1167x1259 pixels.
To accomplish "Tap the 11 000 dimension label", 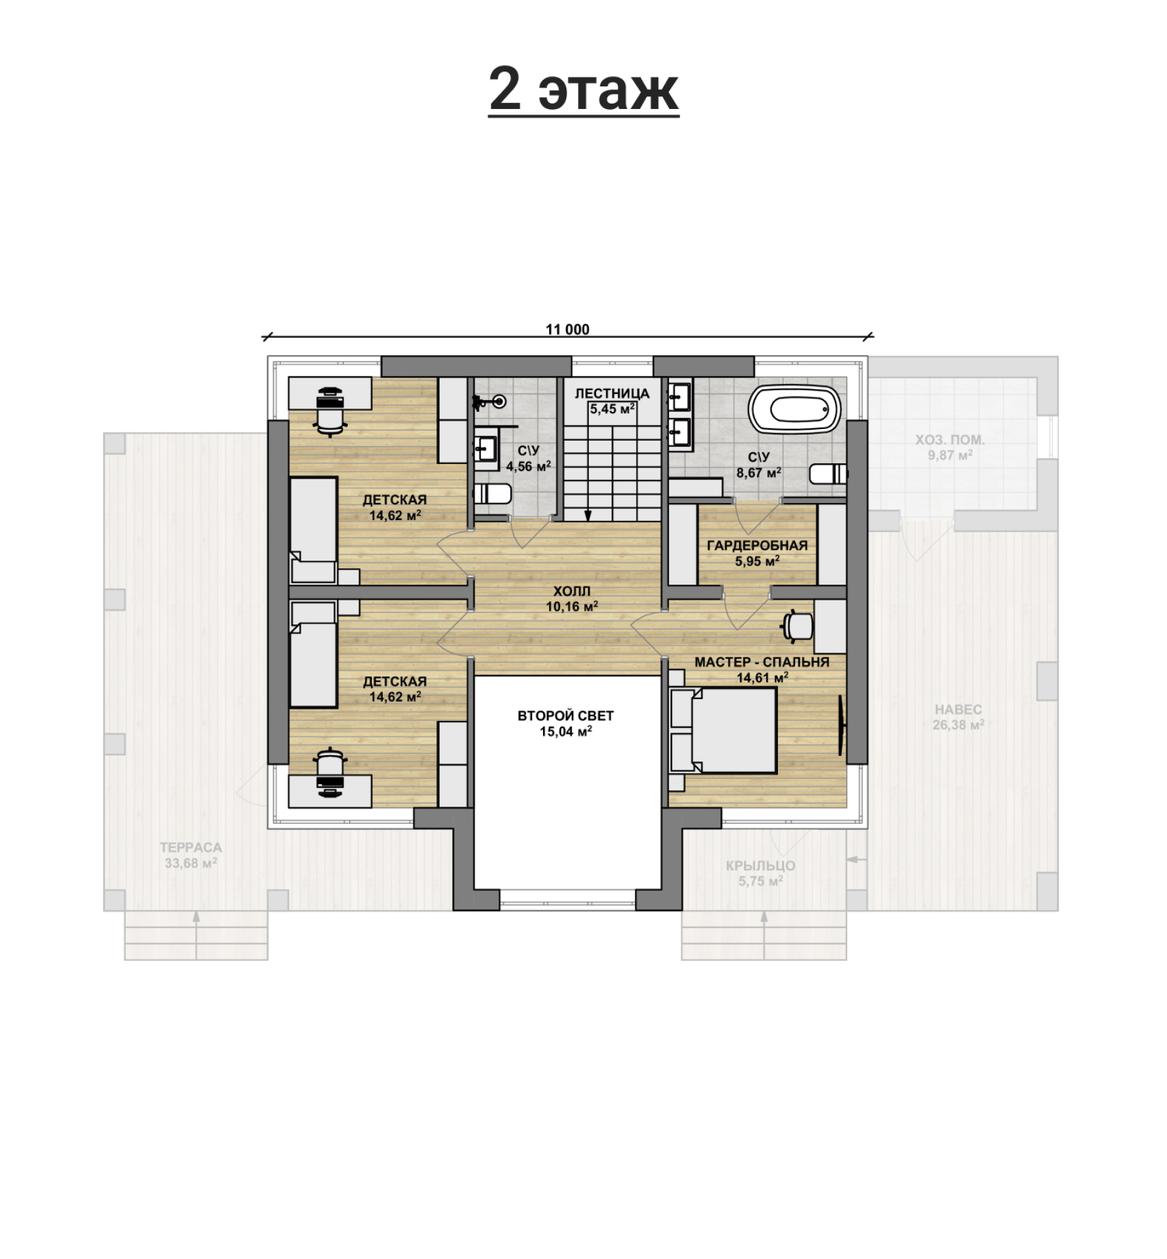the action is (x=567, y=330).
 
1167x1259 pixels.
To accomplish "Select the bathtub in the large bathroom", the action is (x=795, y=410).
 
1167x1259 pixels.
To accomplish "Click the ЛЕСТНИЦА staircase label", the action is (x=612, y=393).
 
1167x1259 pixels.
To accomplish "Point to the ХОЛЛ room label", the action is (x=572, y=591).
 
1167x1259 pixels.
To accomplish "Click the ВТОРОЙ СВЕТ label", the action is (x=566, y=716).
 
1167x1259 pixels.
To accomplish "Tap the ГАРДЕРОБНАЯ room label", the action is (x=757, y=546).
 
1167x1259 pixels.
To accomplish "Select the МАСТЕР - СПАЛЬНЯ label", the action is (x=762, y=662).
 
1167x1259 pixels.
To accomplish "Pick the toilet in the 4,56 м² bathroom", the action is (x=492, y=493).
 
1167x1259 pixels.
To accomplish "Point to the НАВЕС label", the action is (x=957, y=709).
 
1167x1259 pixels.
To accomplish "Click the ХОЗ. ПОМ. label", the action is (x=950, y=439).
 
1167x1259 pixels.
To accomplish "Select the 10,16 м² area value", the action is (x=572, y=607).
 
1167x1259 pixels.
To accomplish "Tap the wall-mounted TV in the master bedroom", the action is (x=842, y=725).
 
